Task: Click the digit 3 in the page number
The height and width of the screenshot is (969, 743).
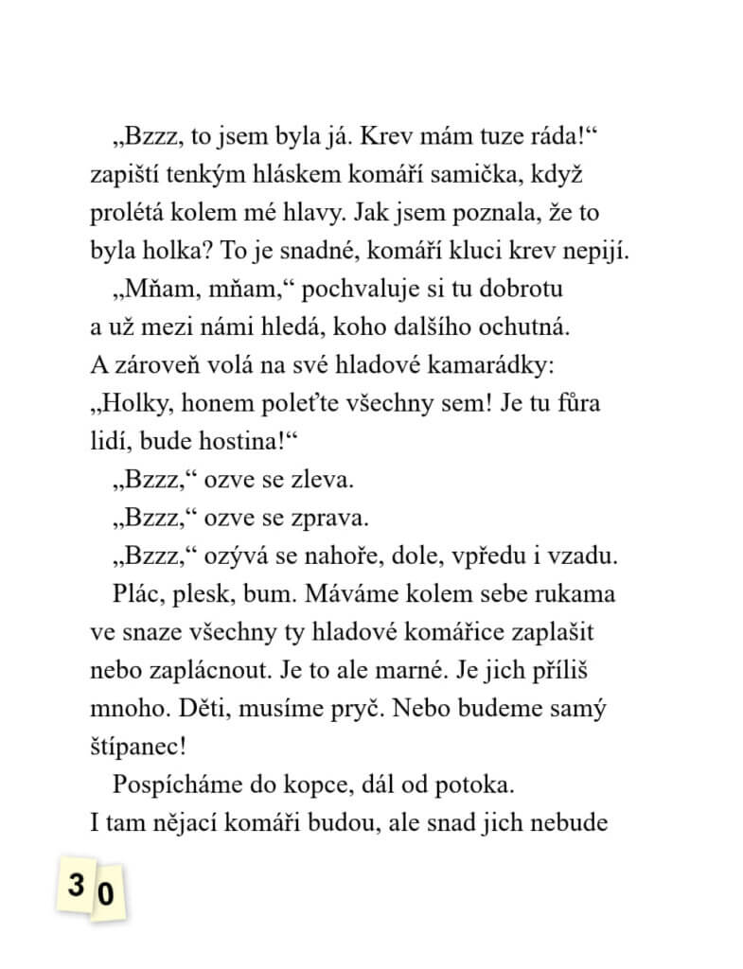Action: tap(75, 885)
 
